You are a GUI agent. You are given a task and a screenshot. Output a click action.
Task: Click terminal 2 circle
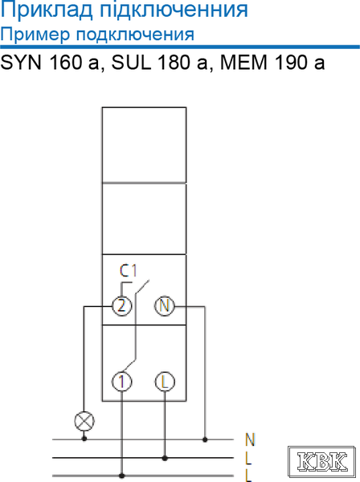[x=122, y=306]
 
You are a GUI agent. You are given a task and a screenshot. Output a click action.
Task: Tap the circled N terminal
[x=164, y=306]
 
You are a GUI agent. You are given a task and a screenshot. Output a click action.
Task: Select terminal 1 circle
[x=122, y=382]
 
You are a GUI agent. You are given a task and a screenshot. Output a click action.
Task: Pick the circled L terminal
[x=165, y=382]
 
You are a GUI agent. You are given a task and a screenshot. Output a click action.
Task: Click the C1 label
[x=129, y=271]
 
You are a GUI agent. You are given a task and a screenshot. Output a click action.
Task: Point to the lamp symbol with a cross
[x=84, y=421]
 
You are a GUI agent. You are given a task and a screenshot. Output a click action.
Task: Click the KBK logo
[x=321, y=461]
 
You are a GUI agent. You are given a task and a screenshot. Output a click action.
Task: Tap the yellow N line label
[x=250, y=439]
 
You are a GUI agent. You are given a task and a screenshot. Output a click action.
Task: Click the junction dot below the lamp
[x=84, y=439]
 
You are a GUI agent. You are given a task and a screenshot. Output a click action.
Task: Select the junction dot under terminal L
[x=165, y=458]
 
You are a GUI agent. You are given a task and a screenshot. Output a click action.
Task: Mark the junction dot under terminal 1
[x=122, y=476]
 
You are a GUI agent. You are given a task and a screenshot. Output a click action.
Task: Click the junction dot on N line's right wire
[x=205, y=439]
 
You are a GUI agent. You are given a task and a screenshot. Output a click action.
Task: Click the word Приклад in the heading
[x=47, y=10]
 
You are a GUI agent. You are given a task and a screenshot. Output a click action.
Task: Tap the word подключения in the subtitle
[x=135, y=35]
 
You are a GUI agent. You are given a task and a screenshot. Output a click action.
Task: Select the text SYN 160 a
[x=50, y=63]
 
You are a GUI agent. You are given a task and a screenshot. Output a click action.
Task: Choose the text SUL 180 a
[x=159, y=63]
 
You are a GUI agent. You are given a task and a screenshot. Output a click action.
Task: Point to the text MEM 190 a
[x=272, y=63]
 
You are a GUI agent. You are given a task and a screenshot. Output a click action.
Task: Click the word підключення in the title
[x=174, y=10]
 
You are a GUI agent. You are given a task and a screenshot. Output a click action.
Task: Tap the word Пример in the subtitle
[x=35, y=35]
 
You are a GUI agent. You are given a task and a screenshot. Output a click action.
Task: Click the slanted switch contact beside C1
[x=142, y=286]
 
